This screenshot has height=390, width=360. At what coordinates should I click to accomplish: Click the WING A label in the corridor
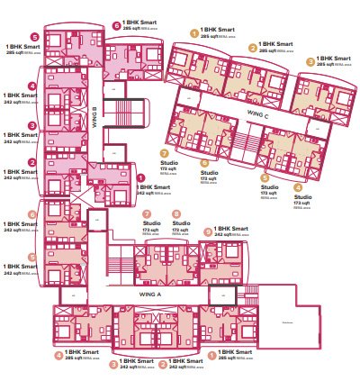(150, 294)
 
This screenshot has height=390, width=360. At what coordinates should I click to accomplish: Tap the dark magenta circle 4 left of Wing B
(33, 86)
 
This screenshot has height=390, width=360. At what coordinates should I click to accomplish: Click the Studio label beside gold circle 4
(303, 196)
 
